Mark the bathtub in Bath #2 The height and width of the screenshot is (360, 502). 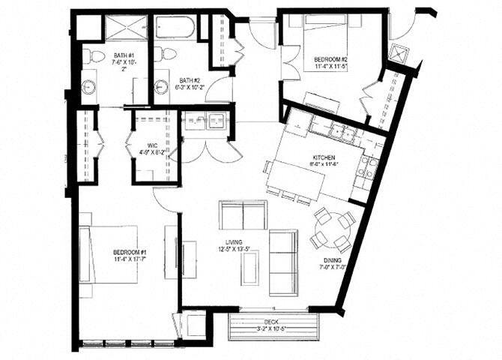[177, 28]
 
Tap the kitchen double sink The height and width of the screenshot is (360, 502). [347, 133]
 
